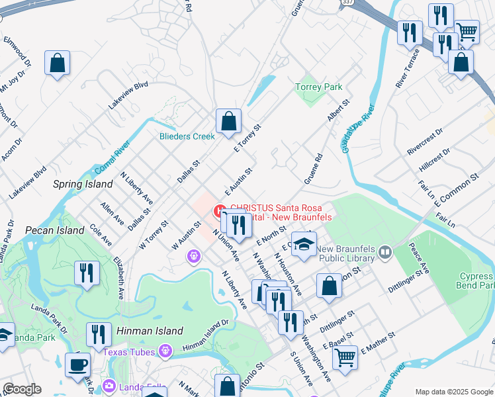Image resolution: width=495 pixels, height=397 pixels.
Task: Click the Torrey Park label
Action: (x=318, y=87)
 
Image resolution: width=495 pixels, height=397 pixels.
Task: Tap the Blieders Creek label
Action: (x=187, y=136)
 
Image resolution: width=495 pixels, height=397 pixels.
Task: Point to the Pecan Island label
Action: (x=55, y=230)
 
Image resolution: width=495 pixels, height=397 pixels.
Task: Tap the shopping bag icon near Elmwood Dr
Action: (x=58, y=64)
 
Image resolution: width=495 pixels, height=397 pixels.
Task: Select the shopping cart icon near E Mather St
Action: (x=345, y=358)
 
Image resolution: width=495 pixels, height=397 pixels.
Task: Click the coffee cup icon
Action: (x=78, y=365)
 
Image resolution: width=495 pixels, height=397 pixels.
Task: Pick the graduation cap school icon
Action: (x=304, y=245)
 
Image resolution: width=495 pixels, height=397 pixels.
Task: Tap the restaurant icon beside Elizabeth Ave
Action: (x=87, y=273)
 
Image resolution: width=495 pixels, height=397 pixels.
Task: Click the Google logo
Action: (x=22, y=389)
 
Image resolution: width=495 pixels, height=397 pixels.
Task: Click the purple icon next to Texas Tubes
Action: (x=165, y=349)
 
